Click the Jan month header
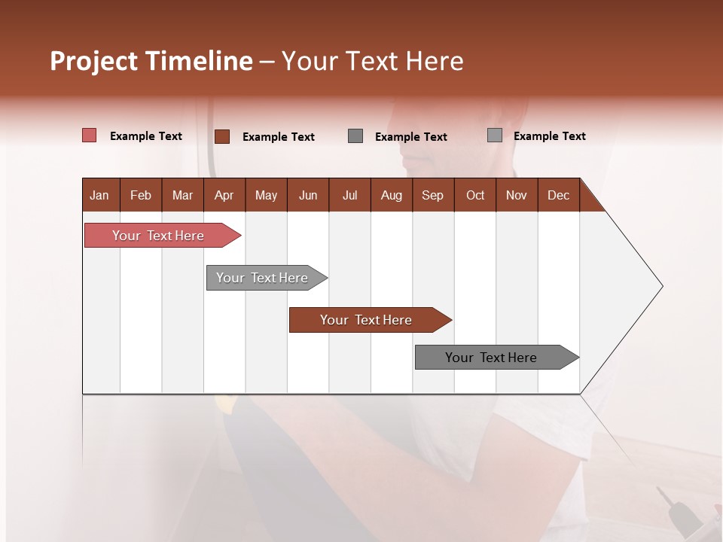coord(100,195)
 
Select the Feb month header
coord(141,195)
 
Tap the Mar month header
coord(182,195)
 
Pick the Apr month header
coord(224,195)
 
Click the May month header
coord(266,195)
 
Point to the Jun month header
coord(308,195)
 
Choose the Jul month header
coord(349,195)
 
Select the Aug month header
coord(392,195)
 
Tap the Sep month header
coord(433,195)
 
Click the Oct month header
coord(475,195)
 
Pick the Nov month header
coord(517,195)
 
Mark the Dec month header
coord(559,195)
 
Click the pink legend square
coord(90,135)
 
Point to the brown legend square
coord(222,136)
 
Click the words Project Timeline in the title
coord(151,61)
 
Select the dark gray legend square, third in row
coord(355,135)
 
